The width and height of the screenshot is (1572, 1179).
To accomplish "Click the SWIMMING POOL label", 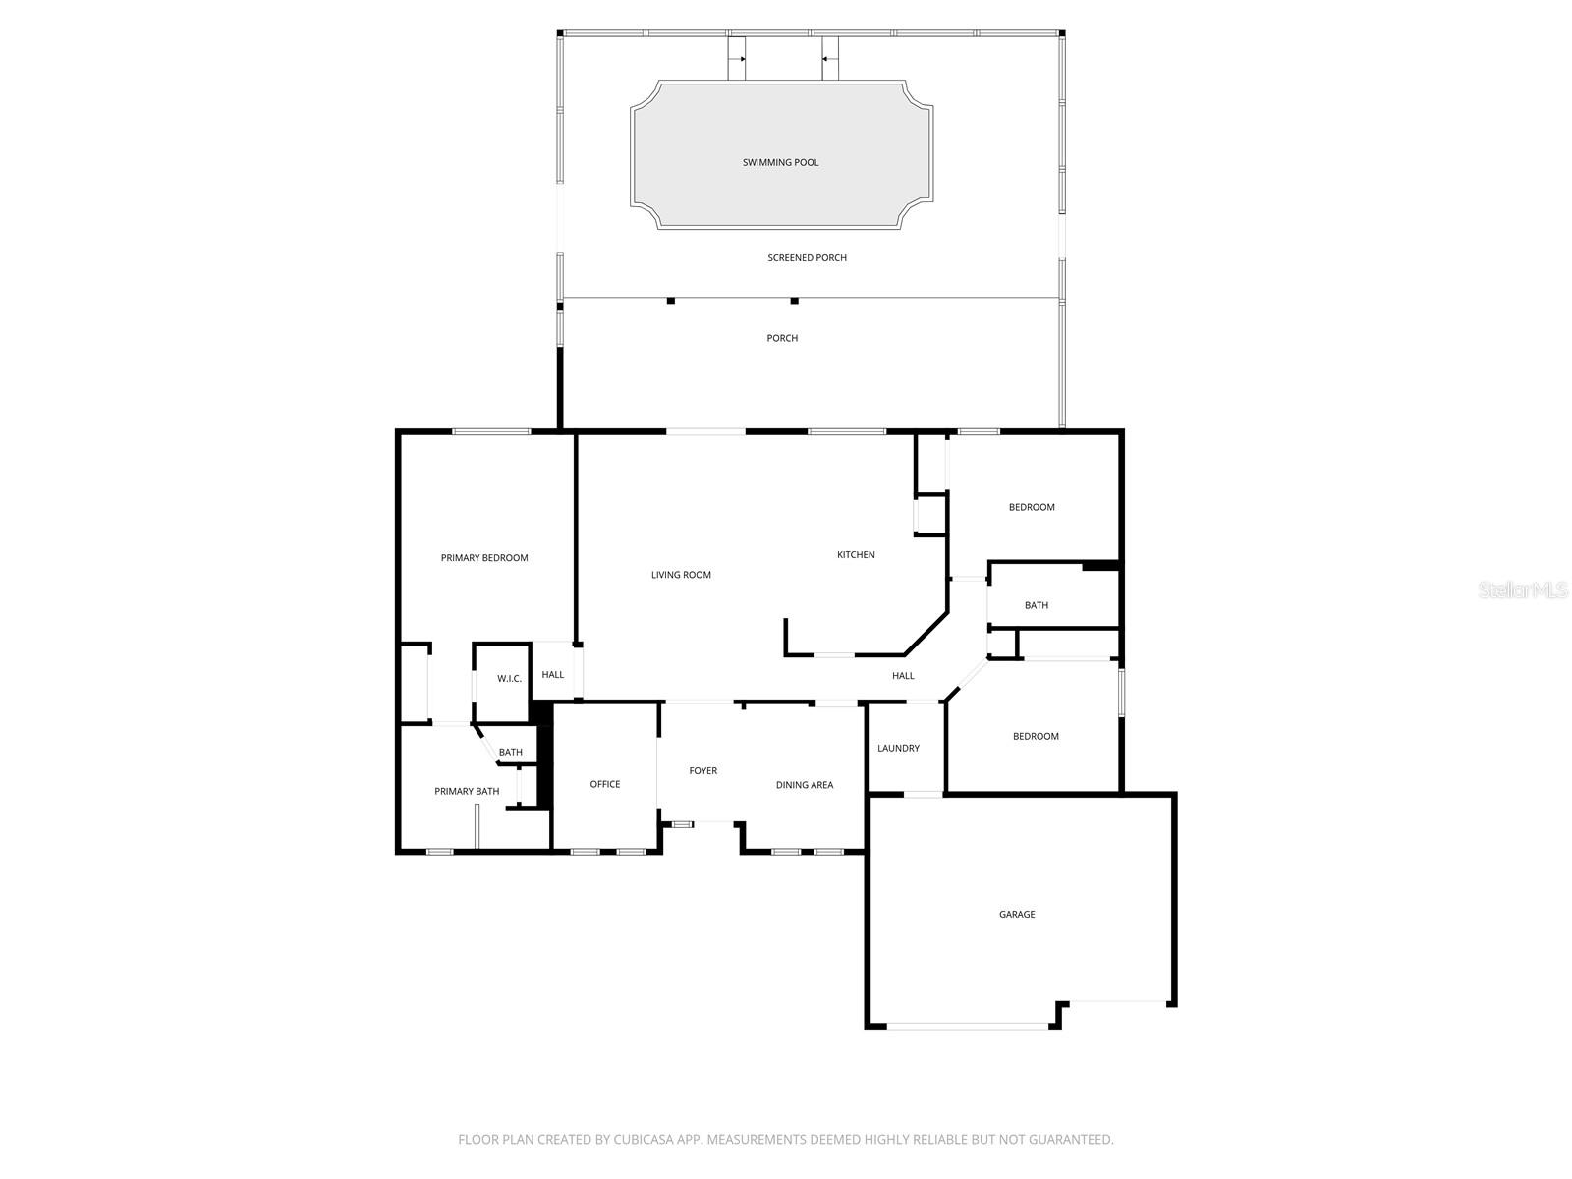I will (x=780, y=162).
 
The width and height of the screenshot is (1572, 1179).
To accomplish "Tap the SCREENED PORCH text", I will (x=807, y=258).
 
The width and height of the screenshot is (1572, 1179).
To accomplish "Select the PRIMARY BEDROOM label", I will (x=484, y=558).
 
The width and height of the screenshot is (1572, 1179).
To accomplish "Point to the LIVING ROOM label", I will (x=681, y=575).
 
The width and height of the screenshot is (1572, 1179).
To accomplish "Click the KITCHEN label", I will (x=856, y=555).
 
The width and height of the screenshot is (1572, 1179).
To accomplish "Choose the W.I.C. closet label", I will (x=509, y=679).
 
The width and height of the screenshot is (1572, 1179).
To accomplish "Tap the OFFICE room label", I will (x=605, y=784).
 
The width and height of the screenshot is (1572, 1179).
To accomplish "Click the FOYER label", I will (x=702, y=771).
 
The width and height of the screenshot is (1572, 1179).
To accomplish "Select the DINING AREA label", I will (x=805, y=785).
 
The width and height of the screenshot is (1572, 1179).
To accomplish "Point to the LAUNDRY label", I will (x=898, y=749).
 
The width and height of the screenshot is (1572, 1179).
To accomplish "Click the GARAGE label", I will (x=1017, y=915).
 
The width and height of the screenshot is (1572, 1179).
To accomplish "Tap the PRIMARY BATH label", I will (x=467, y=792).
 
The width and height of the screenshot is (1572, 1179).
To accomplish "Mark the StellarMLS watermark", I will (x=1522, y=590).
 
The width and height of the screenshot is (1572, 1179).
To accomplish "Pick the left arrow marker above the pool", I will (x=744, y=59).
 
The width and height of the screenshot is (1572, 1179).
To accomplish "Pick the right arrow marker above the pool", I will (x=825, y=59).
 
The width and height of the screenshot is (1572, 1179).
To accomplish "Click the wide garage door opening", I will (x=968, y=1027).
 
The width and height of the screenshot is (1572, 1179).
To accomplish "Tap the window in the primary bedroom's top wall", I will (x=491, y=431).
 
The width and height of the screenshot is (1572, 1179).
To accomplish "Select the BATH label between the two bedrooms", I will (x=1037, y=606).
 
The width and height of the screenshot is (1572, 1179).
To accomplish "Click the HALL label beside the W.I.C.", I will (x=553, y=675).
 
